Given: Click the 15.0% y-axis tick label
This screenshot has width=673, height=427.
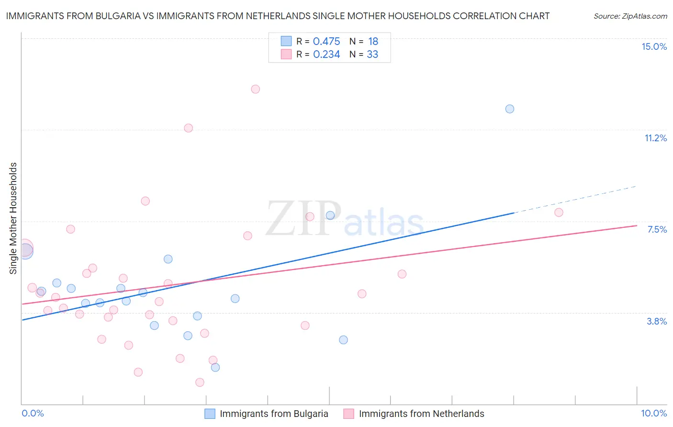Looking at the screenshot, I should [x=654, y=46].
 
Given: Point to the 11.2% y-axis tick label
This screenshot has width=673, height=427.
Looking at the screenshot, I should [x=655, y=138].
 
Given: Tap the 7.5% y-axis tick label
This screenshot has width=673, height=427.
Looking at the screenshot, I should [x=657, y=229].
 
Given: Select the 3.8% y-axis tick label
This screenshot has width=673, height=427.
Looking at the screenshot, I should [x=657, y=321].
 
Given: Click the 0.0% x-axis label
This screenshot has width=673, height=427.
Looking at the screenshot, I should [x=33, y=413].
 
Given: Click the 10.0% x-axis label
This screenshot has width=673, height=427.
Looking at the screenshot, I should [x=653, y=413].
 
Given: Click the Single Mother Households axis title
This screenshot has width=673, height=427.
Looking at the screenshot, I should [x=13, y=218].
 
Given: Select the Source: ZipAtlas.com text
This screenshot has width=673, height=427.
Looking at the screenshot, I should [x=630, y=16].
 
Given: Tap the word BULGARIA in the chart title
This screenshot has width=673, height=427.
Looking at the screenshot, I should [x=116, y=16].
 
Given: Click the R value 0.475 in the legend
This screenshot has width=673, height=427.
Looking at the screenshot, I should [x=326, y=41].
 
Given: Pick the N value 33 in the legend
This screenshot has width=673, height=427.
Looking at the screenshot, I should [x=372, y=54].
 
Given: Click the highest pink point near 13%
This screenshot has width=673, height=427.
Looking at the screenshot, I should [x=256, y=89].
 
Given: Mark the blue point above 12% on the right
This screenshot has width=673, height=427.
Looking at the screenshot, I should [x=510, y=109].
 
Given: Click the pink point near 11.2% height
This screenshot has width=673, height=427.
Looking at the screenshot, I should [x=189, y=128].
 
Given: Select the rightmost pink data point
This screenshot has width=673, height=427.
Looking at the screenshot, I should [x=559, y=213].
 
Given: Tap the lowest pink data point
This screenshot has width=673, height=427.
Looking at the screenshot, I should [x=200, y=382].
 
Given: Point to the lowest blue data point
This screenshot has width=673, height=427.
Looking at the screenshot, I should [x=215, y=367].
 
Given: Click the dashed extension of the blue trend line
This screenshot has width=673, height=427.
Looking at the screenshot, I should [x=574, y=199].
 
